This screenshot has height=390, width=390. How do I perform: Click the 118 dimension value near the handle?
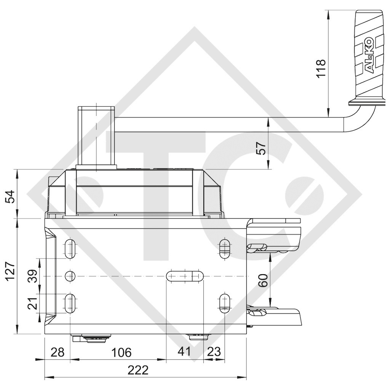[x=321, y=68]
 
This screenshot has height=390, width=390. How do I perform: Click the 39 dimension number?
[x=33, y=276]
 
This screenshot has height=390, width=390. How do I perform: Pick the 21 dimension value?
[x=33, y=304]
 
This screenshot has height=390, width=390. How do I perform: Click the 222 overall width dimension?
[x=138, y=370]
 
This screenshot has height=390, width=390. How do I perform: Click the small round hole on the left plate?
[x=70, y=276]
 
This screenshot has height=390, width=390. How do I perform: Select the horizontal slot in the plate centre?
[x=185, y=275]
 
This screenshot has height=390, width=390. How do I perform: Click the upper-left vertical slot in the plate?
[x=70, y=249]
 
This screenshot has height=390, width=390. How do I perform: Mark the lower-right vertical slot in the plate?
[x=225, y=302]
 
